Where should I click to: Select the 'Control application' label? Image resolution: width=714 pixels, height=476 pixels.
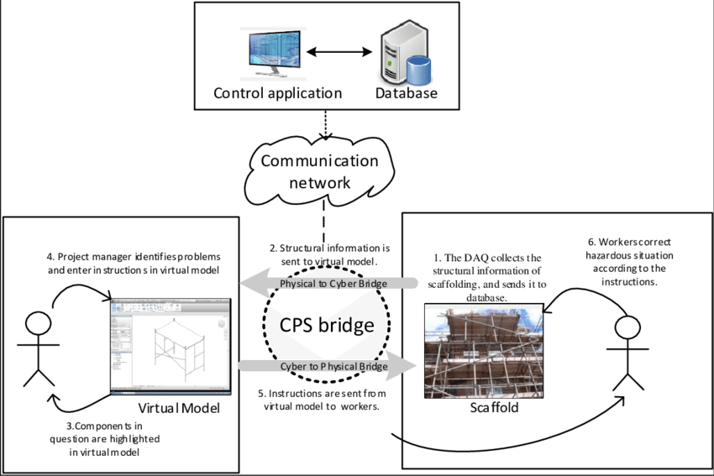click(x=277, y=92)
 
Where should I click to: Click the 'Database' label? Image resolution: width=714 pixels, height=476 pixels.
click(x=407, y=92)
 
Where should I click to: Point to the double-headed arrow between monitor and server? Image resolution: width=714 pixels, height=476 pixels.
click(x=339, y=53)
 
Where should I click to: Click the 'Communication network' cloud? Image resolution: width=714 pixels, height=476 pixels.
click(x=318, y=171)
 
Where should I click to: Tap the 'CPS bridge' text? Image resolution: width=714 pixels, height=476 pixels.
click(x=326, y=325)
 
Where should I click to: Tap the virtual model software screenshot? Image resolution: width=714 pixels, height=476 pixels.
click(x=171, y=345)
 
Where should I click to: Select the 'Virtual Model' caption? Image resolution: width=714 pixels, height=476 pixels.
click(x=179, y=409)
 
